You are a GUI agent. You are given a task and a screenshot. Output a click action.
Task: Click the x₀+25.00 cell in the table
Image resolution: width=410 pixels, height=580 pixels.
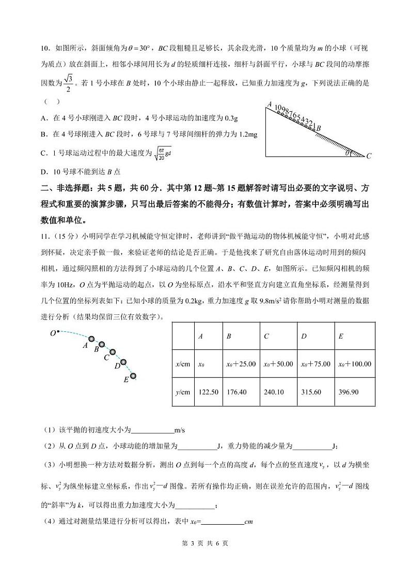[241, 364]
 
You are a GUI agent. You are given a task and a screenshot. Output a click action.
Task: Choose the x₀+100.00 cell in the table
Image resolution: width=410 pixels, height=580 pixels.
[354, 364]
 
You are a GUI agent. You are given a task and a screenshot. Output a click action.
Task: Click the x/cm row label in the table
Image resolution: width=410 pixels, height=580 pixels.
[183, 364]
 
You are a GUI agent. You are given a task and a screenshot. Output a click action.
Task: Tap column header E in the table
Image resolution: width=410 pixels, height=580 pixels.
[341, 336]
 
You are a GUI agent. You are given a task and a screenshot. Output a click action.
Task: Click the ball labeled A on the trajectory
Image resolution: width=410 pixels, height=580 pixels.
[92, 339]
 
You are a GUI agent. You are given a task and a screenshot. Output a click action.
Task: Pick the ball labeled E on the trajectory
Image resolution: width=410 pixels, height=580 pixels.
[134, 376]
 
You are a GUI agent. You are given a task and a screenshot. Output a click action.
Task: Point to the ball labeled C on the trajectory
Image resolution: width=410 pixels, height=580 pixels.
[113, 352]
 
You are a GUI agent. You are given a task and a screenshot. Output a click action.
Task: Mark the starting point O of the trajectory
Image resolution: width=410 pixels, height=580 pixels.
[58, 331]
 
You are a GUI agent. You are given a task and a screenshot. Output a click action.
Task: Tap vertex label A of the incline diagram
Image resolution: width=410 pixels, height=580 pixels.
[269, 104]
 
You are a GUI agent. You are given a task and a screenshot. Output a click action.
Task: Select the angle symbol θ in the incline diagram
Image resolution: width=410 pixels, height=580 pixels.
[348, 152]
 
